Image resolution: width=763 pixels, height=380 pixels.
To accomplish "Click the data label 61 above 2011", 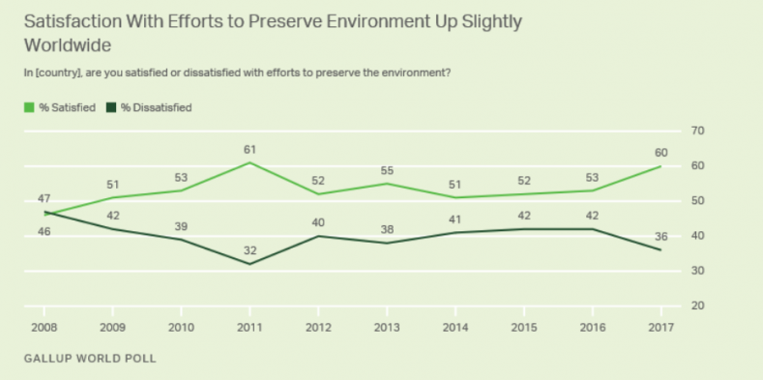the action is point(249,149).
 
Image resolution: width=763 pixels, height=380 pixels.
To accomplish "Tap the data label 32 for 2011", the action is point(249,250).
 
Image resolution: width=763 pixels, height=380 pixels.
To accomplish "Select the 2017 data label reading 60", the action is point(660,153).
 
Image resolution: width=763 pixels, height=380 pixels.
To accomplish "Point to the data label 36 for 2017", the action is point(660,237).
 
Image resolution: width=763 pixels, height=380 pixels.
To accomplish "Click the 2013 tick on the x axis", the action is point(387,328).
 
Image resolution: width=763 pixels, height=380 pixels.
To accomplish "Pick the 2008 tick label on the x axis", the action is point(44,328).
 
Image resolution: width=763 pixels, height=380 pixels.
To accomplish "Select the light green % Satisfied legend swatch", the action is point(29,107).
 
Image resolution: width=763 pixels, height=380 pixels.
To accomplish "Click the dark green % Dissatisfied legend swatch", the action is point(111,107).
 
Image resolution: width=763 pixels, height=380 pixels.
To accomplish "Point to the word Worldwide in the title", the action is point(68,45).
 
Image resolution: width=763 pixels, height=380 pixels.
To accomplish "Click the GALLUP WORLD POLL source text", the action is point(90,359).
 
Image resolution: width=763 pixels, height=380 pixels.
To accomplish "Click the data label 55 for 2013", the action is point(387,171).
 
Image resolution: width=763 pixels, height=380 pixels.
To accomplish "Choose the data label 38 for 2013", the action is point(387,230).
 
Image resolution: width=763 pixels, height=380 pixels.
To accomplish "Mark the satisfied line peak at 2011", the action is point(249,162).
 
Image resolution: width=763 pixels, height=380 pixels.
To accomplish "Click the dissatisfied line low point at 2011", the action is point(249,264).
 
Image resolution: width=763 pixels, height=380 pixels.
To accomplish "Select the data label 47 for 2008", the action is point(44,199).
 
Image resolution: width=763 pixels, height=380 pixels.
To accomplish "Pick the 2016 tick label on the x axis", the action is point(592,328).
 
